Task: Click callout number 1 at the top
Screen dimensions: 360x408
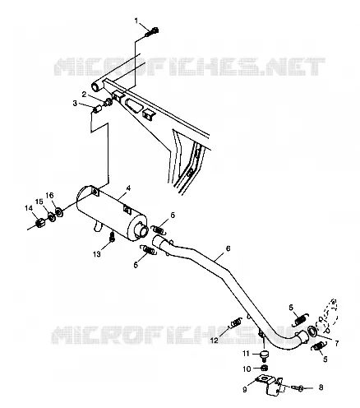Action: pyautogui.click(x=136, y=20)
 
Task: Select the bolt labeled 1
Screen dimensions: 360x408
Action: pyautogui.click(x=152, y=32)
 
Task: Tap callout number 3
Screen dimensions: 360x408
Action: pyautogui.click(x=75, y=104)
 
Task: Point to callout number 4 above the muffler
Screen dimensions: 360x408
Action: pyautogui.click(x=128, y=188)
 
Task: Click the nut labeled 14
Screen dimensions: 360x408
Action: pyautogui.click(x=39, y=222)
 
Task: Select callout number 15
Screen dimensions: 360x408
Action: pyautogui.click(x=39, y=202)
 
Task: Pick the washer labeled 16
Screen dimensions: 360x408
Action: pyautogui.click(x=59, y=212)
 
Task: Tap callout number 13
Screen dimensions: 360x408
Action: pyautogui.click(x=97, y=254)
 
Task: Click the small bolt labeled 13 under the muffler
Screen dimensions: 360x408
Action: pyautogui.click(x=112, y=237)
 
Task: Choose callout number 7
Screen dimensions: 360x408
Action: pyautogui.click(x=337, y=343)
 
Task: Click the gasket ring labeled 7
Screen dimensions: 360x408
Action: pyautogui.click(x=312, y=331)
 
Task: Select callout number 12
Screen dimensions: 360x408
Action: pyautogui.click(x=214, y=341)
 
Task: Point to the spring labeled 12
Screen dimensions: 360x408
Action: pyautogui.click(x=236, y=323)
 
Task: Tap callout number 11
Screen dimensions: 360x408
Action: pyautogui.click(x=246, y=354)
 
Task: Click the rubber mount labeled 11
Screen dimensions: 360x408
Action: pyautogui.click(x=265, y=355)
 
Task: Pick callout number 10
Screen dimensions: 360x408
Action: pyautogui.click(x=247, y=369)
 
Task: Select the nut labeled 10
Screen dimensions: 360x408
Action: pyautogui.click(x=265, y=368)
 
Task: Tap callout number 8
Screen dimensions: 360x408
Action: pyautogui.click(x=321, y=387)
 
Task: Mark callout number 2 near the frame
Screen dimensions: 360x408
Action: pyautogui.click(x=84, y=95)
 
